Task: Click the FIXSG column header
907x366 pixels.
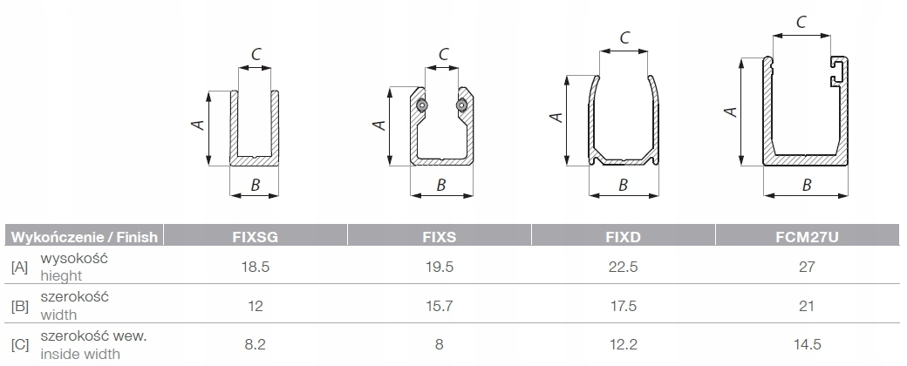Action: (255, 237)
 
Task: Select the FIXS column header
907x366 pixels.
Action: (439, 237)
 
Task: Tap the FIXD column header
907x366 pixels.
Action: (623, 237)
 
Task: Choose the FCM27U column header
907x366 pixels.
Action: (807, 237)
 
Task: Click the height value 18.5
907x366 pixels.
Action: (255, 267)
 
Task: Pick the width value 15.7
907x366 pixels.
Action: (439, 305)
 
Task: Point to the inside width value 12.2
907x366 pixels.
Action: (623, 344)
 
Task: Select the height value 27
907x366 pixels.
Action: (807, 267)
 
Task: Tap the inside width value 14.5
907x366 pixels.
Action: (807, 344)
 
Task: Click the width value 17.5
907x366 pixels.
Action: (623, 305)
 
